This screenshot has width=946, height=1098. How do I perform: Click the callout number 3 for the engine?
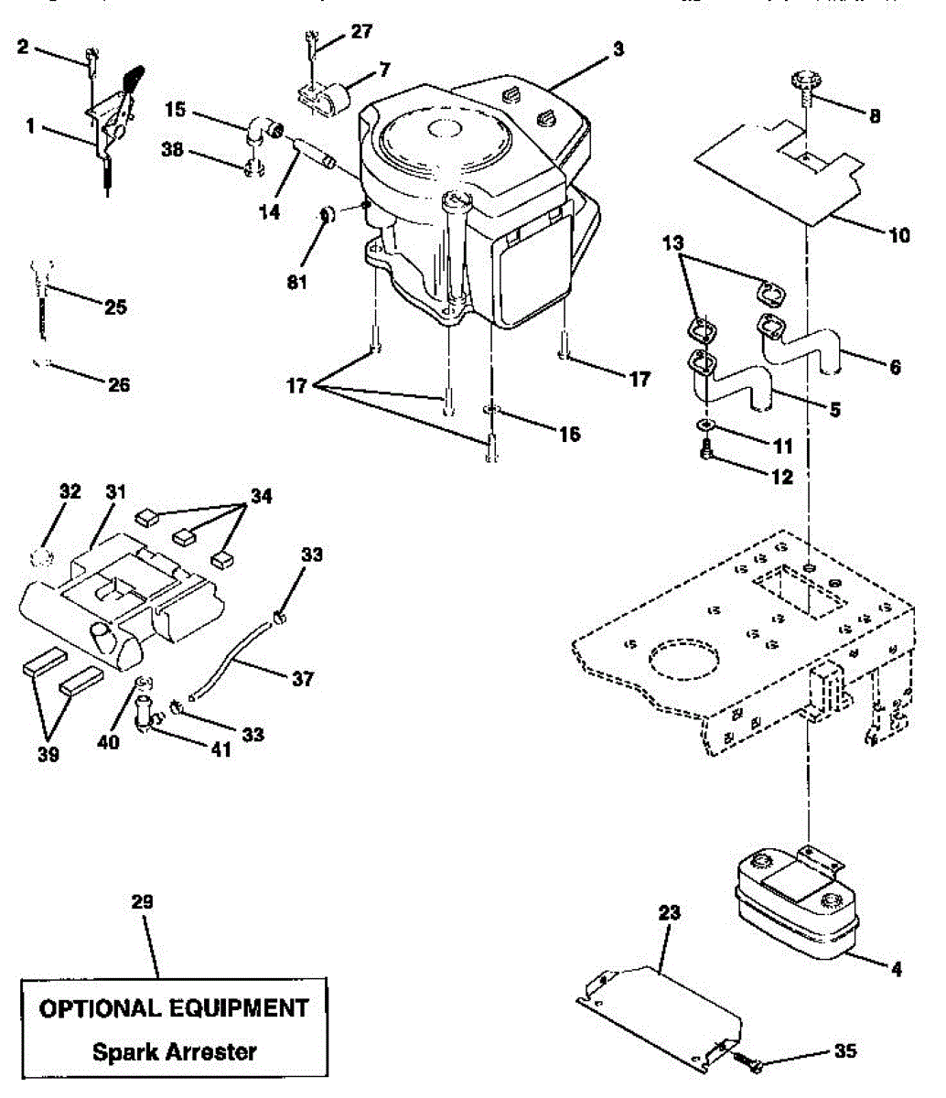618,48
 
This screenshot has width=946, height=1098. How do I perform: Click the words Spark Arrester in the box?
174,1050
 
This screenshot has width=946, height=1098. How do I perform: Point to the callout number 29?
142,902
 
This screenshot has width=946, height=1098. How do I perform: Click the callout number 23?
670,911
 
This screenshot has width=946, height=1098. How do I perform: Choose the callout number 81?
296,282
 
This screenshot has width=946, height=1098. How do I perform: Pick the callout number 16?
569,434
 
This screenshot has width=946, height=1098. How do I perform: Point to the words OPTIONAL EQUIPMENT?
174,1008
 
